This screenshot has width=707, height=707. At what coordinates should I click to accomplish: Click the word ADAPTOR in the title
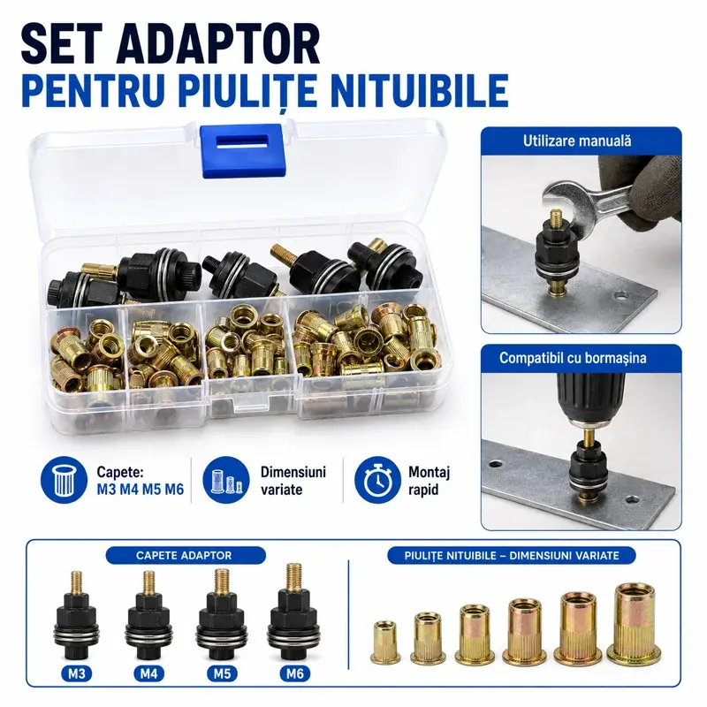click(x=217, y=45)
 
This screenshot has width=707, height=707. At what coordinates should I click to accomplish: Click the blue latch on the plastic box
click(x=241, y=150)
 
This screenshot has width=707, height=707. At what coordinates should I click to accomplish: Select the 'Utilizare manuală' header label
click(x=577, y=141)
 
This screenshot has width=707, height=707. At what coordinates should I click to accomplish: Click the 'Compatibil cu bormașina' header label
click(x=573, y=358)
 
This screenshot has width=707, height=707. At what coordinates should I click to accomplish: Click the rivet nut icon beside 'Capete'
click(x=64, y=480)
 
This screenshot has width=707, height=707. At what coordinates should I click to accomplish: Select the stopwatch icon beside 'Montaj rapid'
click(x=377, y=480)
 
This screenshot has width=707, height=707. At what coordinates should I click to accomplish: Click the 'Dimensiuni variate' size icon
click(x=226, y=480)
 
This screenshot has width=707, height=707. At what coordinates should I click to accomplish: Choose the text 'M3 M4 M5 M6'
click(x=141, y=490)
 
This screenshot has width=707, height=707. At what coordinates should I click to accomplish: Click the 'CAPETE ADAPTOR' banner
click(x=186, y=556)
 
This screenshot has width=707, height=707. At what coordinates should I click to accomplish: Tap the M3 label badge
click(x=77, y=673)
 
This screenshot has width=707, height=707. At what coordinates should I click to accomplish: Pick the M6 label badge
click(x=295, y=673)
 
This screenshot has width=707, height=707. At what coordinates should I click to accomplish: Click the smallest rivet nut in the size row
click(x=385, y=642)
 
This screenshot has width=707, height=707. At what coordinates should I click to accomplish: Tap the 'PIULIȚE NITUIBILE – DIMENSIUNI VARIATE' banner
click(x=512, y=556)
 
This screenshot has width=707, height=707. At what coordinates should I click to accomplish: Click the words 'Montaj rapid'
click(x=429, y=481)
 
